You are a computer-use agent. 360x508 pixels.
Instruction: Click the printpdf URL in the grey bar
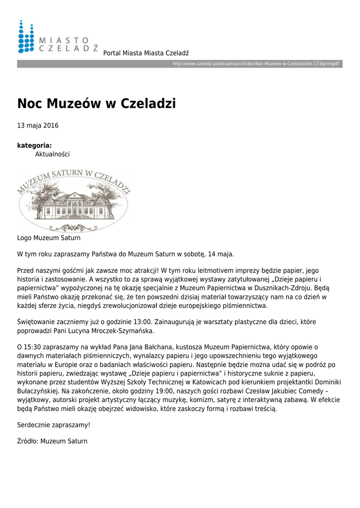point(256,64)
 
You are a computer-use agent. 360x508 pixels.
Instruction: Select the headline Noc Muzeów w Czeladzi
point(96,104)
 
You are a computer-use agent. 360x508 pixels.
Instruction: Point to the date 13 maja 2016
point(38,126)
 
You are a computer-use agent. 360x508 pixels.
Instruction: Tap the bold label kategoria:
point(34,145)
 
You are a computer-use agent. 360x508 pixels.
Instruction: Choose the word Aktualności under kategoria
point(52,154)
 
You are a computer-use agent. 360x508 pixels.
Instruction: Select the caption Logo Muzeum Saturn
point(49,238)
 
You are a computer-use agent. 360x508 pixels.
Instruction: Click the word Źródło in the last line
point(27,441)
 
